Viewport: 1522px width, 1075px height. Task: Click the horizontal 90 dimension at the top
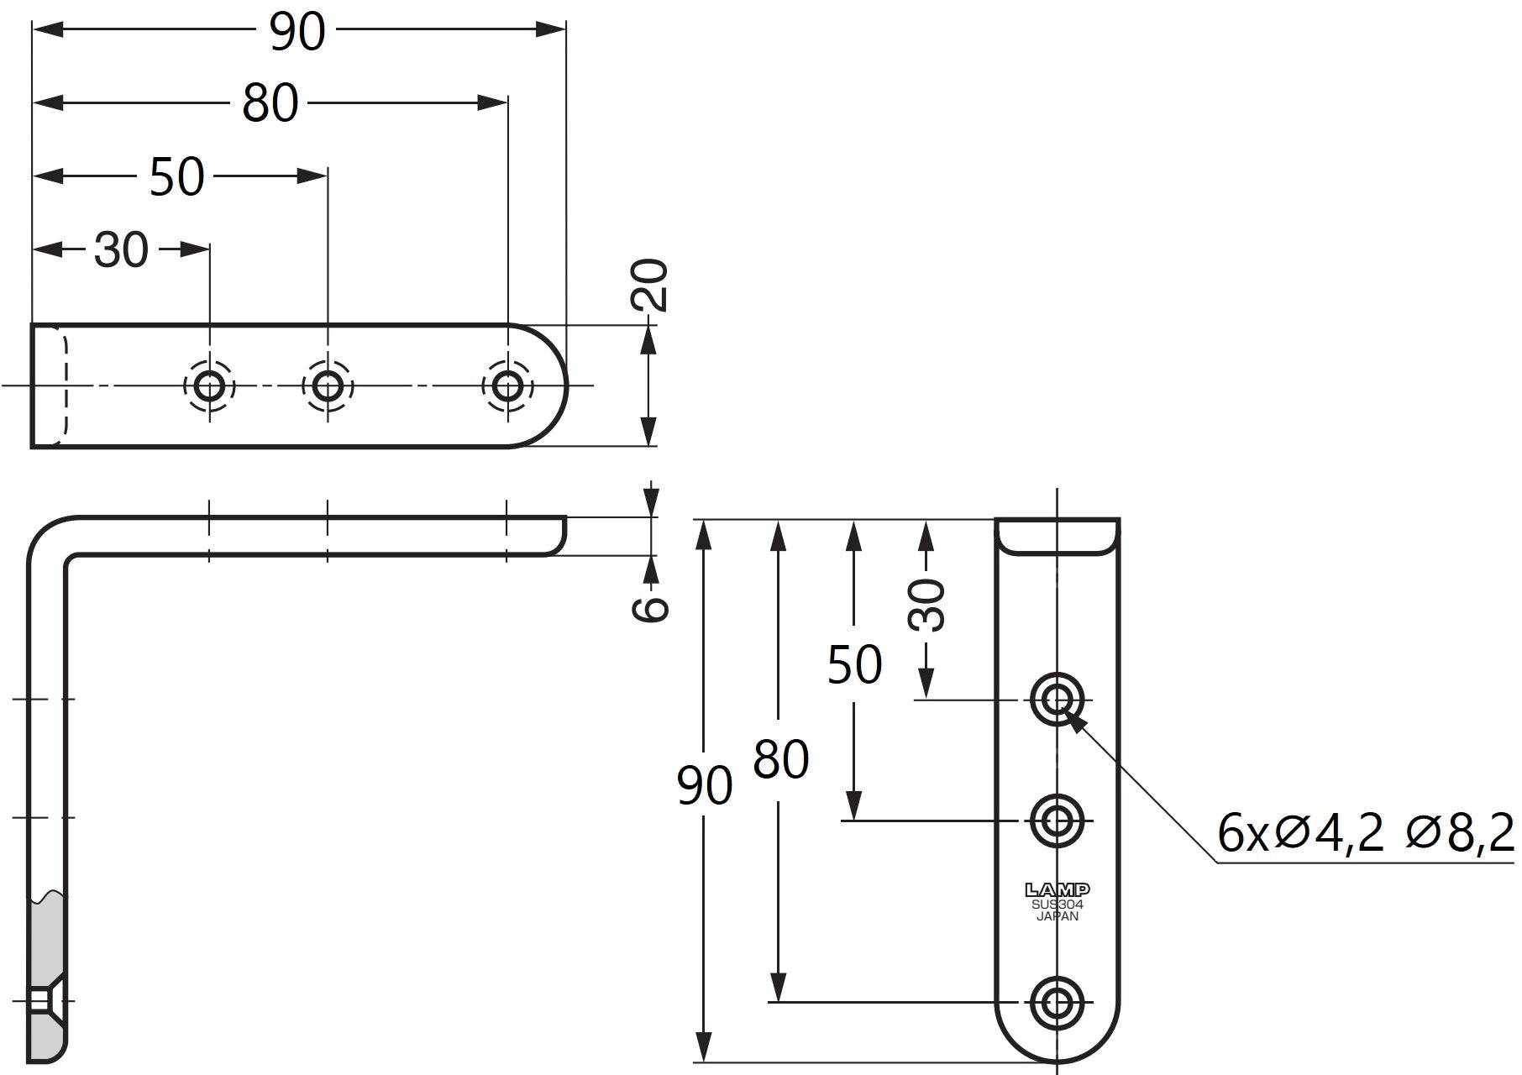(x=297, y=32)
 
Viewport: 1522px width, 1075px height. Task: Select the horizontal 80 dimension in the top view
(x=270, y=103)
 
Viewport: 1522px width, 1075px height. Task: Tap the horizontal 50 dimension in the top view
(x=177, y=176)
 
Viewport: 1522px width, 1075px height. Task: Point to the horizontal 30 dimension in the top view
(x=121, y=249)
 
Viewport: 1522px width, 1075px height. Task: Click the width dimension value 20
(x=649, y=286)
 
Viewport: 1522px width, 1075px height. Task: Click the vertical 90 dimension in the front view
(x=705, y=786)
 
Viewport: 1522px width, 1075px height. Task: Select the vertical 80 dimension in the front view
(x=780, y=759)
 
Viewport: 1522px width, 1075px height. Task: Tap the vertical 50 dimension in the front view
(x=854, y=665)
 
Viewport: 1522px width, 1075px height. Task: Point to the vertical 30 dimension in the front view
(x=926, y=605)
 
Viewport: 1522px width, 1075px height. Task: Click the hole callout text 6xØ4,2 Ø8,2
(x=1365, y=833)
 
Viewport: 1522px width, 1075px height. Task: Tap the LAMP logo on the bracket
(x=1058, y=889)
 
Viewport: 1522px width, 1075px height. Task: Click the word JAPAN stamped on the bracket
(x=1058, y=916)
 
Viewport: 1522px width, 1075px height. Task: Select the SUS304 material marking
(x=1058, y=905)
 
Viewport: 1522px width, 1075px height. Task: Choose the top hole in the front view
(x=1057, y=699)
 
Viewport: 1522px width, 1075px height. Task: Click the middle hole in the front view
(x=1057, y=820)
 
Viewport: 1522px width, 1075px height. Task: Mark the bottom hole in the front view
(x=1057, y=1002)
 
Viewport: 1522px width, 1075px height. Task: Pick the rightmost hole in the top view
(x=507, y=386)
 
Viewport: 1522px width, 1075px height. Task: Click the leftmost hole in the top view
(x=209, y=386)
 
